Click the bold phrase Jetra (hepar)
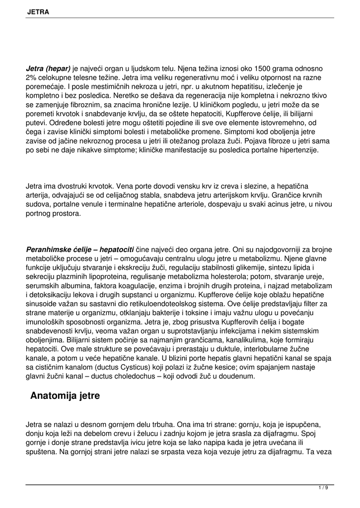pos(48,68)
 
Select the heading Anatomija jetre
pos(65,395)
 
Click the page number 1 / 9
pos(323,488)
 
